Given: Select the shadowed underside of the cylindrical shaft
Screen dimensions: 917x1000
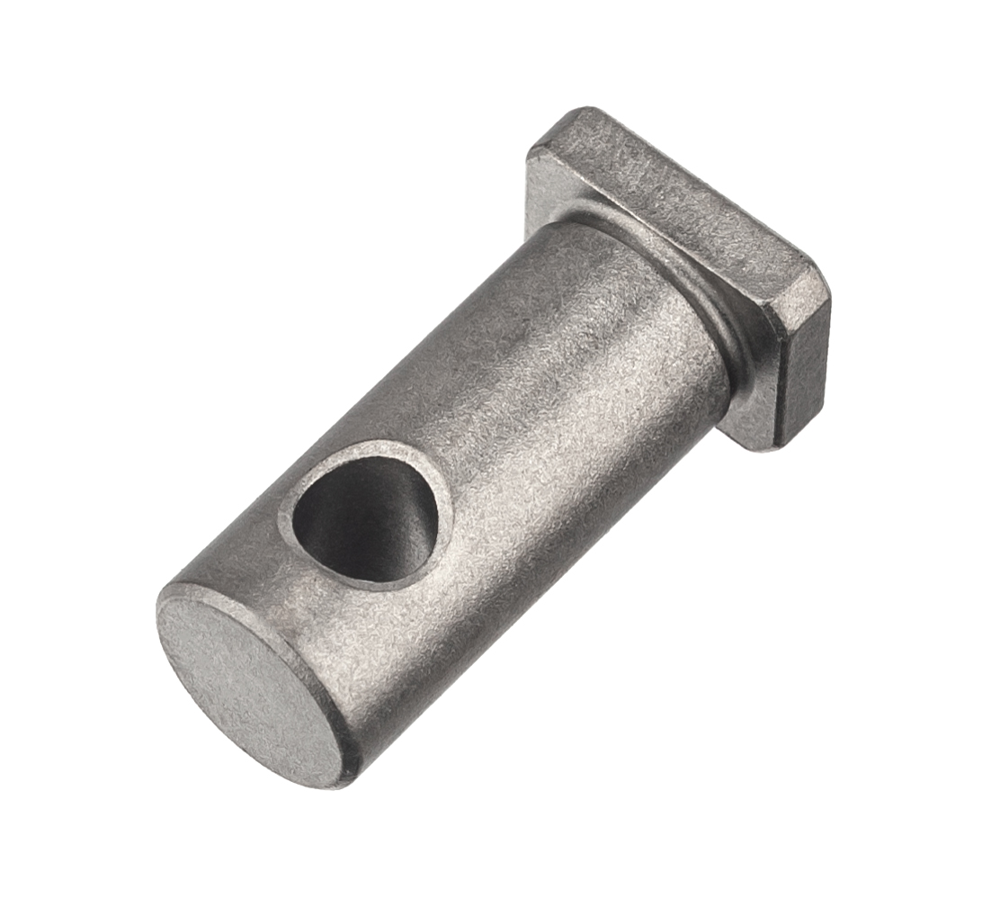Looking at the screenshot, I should [x=504, y=576].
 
